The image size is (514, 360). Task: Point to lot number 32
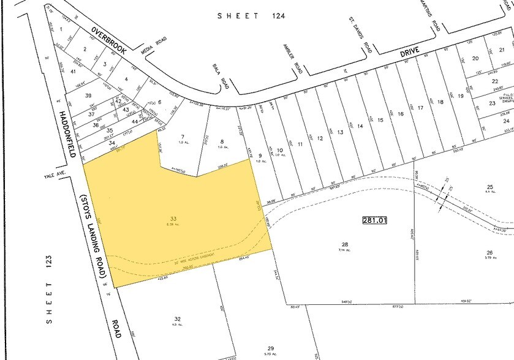[x=177, y=319]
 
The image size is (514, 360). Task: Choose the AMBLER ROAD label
[x=292, y=59]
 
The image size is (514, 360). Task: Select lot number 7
[x=182, y=136]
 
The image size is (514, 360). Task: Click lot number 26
[x=489, y=252]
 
